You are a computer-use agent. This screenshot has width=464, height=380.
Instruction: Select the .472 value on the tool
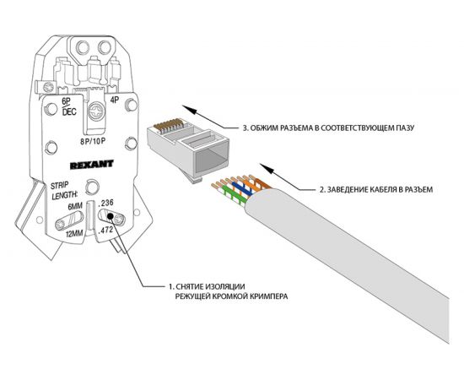[106, 230]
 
